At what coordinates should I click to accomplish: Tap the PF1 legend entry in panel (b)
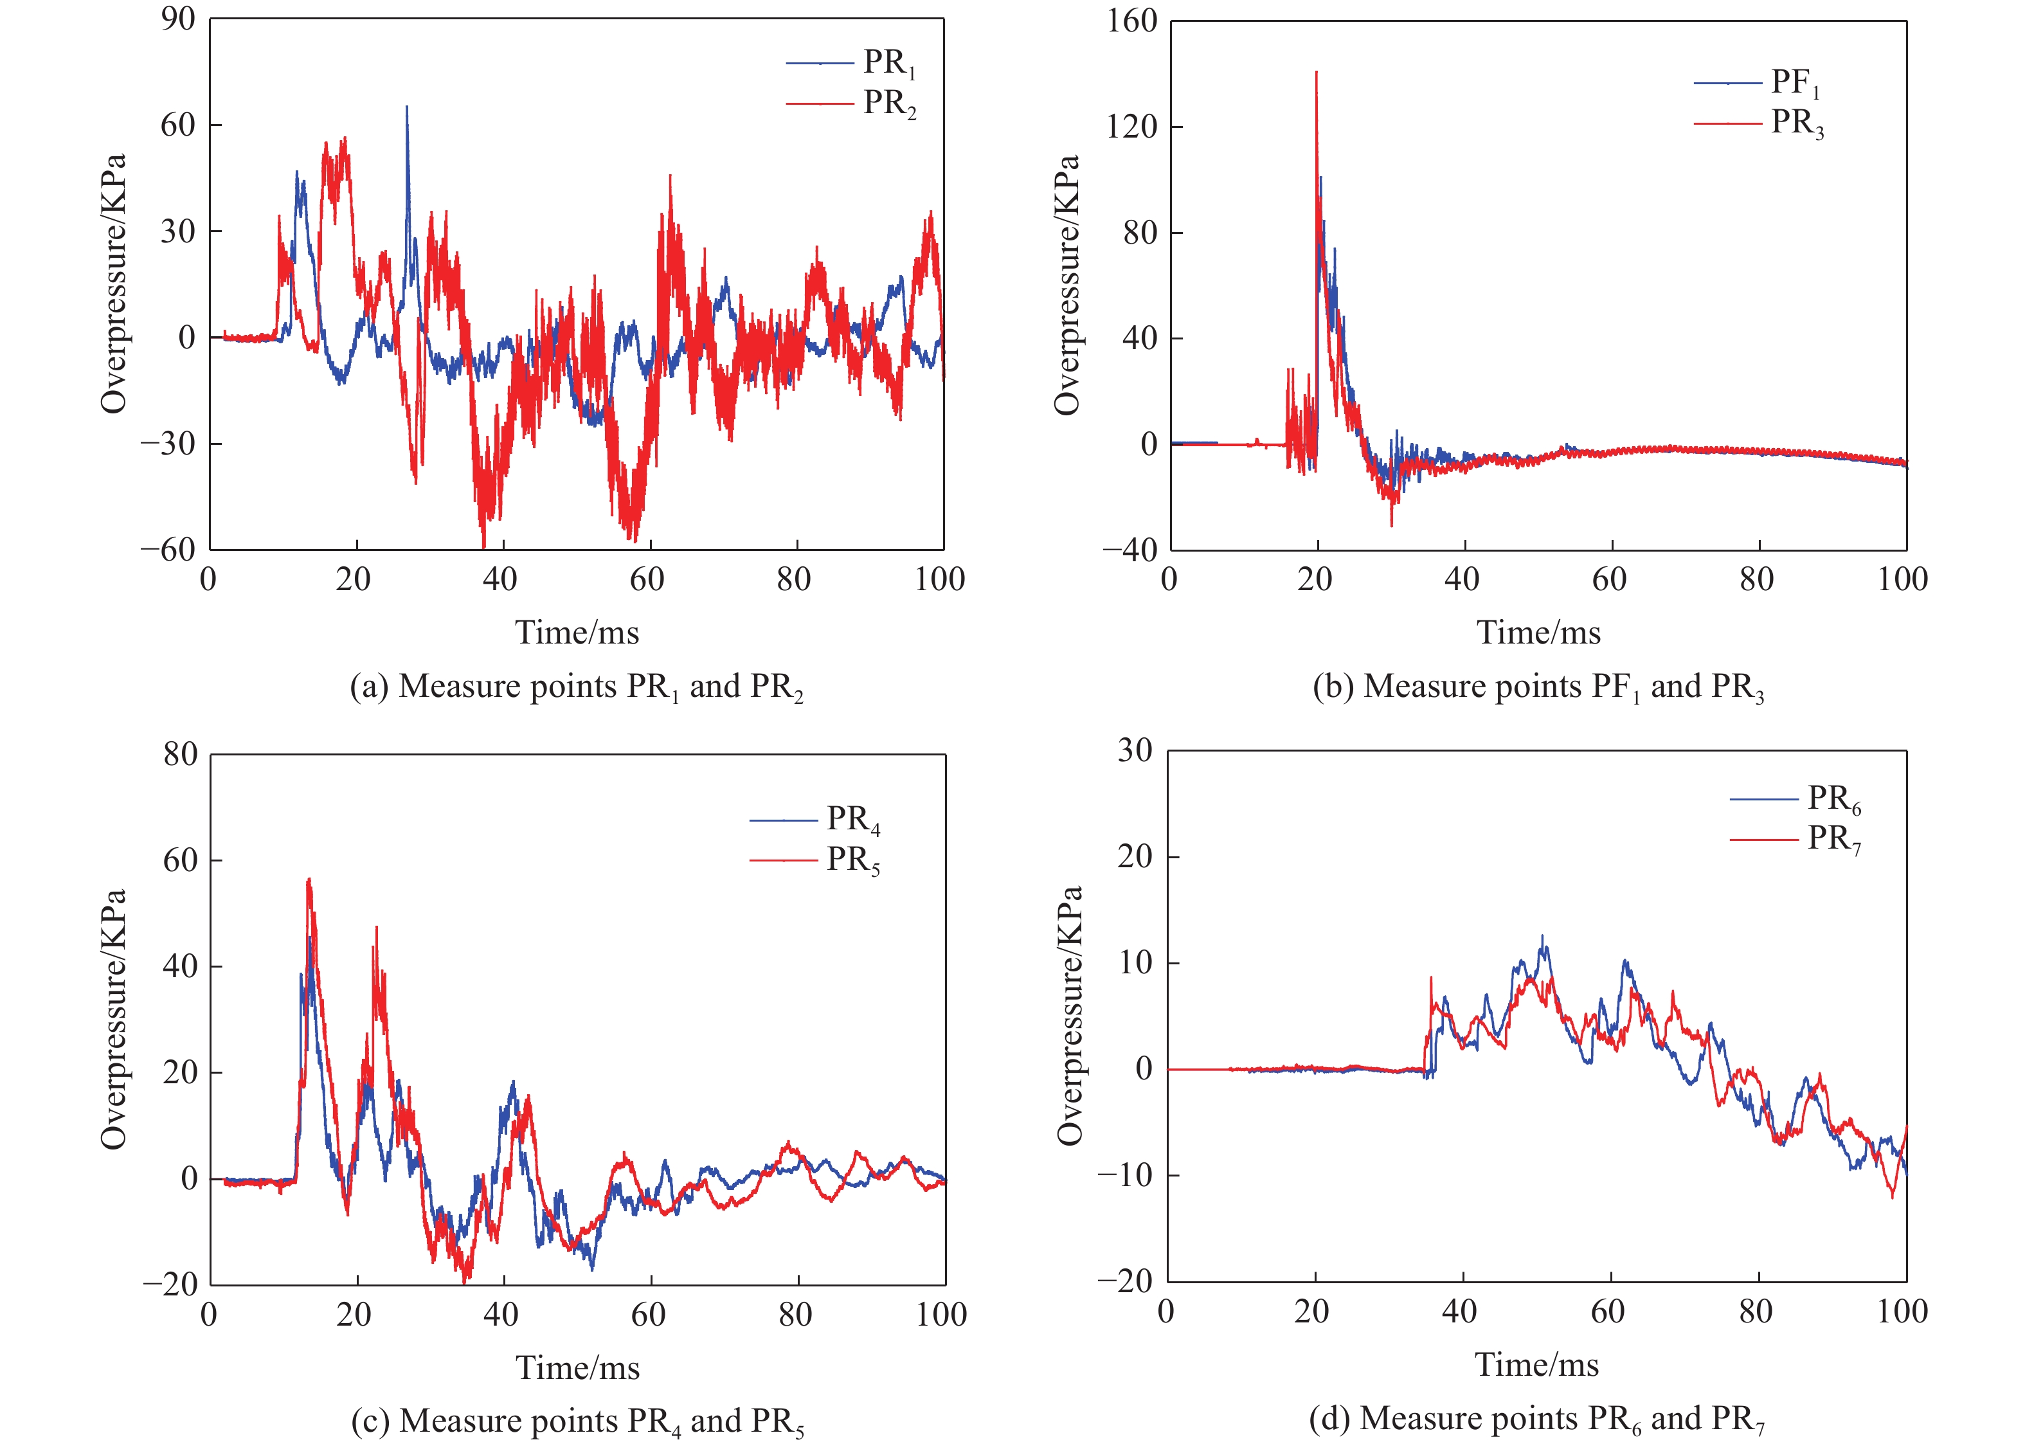[1758, 83]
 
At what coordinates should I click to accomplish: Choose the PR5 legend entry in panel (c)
[815, 860]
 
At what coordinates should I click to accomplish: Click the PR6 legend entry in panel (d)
[1796, 799]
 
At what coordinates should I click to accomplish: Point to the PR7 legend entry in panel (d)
[1796, 840]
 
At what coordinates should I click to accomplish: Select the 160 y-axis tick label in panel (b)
[1131, 21]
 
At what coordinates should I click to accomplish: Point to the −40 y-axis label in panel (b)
[1129, 550]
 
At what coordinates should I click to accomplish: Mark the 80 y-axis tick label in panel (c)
[181, 755]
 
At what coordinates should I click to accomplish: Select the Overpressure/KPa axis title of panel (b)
[1067, 285]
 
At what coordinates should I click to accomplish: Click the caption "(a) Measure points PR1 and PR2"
[577, 687]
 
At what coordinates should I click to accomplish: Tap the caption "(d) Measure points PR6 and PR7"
[1536, 1419]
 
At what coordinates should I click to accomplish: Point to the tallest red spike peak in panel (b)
[1316, 73]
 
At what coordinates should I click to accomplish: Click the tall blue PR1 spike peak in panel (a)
[407, 106]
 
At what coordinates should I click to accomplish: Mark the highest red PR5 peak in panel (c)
[309, 879]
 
